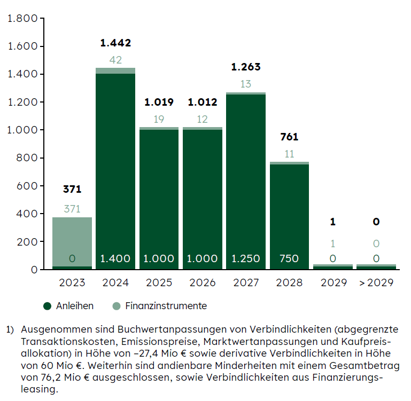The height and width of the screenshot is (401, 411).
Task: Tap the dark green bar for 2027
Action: pos(246,176)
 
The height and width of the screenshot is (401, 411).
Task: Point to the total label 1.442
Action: pos(115,43)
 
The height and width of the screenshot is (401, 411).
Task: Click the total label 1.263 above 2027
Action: pos(246,67)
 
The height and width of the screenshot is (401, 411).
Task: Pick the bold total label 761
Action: pos(289,137)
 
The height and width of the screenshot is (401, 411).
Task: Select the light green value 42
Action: pos(115,60)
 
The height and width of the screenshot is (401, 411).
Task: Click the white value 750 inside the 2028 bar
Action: pos(289,259)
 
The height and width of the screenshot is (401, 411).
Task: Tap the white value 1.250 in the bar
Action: pos(246,259)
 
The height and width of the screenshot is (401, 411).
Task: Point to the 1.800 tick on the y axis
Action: pos(22,19)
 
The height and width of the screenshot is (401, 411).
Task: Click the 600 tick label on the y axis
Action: pos(27,186)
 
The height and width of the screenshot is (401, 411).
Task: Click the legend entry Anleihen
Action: pos(74,306)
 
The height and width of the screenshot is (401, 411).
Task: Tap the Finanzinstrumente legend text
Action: pos(166,306)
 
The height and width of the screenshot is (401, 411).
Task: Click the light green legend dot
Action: pos(117,306)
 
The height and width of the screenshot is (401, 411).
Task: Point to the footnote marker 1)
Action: pos(10,329)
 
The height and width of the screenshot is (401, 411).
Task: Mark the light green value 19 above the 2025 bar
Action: pos(159,120)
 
